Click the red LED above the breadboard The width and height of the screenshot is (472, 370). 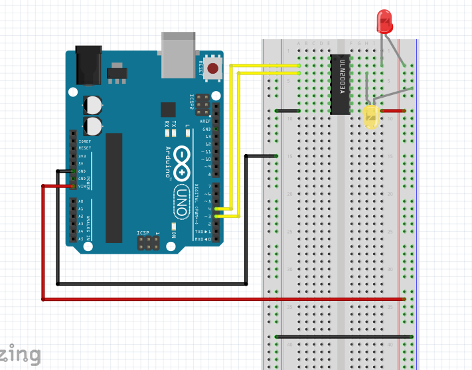click(384, 21)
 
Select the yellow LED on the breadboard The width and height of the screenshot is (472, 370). click(370, 118)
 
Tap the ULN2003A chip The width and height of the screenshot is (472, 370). click(341, 84)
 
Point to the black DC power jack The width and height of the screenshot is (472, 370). click(88, 64)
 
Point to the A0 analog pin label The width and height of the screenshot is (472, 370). click(81, 201)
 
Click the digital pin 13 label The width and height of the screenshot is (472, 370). click(208, 136)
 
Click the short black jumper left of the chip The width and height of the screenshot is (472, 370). click(287, 111)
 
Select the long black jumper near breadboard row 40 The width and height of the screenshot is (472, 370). click(344, 337)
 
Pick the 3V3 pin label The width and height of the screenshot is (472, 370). click(82, 156)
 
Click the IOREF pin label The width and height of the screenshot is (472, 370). click(84, 141)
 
